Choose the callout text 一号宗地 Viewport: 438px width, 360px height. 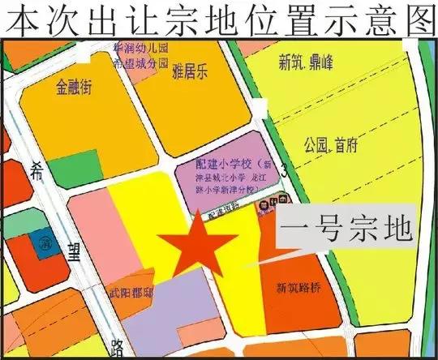tap(346, 230)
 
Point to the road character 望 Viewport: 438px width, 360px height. tap(75, 253)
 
